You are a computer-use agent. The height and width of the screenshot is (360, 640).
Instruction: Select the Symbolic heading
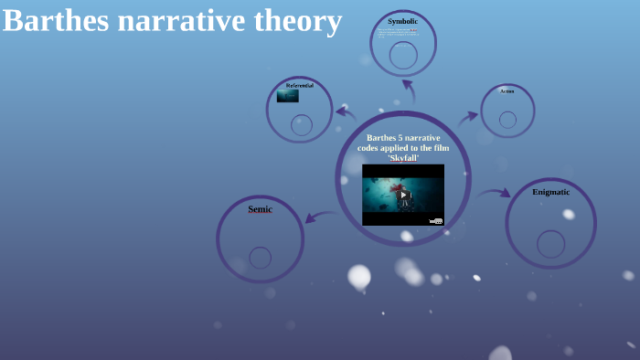point(402,21)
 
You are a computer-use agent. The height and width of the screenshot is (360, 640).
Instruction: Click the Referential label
point(299,85)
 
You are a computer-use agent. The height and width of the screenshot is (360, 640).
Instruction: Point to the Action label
point(507,91)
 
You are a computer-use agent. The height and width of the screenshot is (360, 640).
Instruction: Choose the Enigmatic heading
point(550,192)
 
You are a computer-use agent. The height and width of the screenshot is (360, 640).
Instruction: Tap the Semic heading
point(260,209)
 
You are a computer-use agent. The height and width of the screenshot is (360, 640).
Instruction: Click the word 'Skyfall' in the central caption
point(403,157)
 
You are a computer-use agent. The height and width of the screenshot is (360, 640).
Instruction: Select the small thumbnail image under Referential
point(288,96)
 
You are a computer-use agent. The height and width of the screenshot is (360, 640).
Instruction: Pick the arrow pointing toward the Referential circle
point(346,112)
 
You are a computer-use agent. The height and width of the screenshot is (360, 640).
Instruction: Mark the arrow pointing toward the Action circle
point(467,117)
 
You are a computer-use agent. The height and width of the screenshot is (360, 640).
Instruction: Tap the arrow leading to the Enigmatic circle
point(494,193)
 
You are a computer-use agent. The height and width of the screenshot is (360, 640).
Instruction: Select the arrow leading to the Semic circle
point(319,217)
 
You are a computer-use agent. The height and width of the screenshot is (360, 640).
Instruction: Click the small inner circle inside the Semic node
point(260,258)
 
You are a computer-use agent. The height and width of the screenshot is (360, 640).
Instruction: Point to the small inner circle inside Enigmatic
point(550,244)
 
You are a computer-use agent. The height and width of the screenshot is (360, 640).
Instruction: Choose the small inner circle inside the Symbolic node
point(403,55)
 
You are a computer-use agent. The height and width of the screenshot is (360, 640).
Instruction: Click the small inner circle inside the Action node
point(507,120)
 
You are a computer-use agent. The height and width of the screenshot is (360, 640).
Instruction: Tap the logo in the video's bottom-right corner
point(436,221)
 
